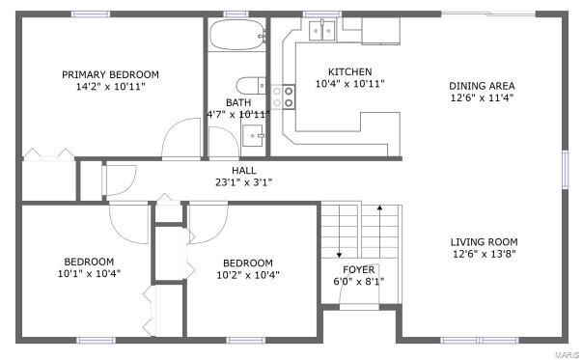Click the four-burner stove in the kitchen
(x=283, y=97)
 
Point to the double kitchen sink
(x=321, y=31)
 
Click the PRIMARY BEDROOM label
(x=110, y=74)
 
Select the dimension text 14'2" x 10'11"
(x=110, y=87)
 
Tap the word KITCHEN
(x=349, y=71)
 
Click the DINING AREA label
(x=482, y=84)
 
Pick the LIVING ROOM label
(x=484, y=242)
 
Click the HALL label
(x=244, y=170)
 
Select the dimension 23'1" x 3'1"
(x=244, y=181)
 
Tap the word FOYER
(x=359, y=269)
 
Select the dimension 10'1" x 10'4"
(x=89, y=274)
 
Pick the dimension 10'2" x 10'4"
(x=248, y=275)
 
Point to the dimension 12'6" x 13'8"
(x=484, y=255)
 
